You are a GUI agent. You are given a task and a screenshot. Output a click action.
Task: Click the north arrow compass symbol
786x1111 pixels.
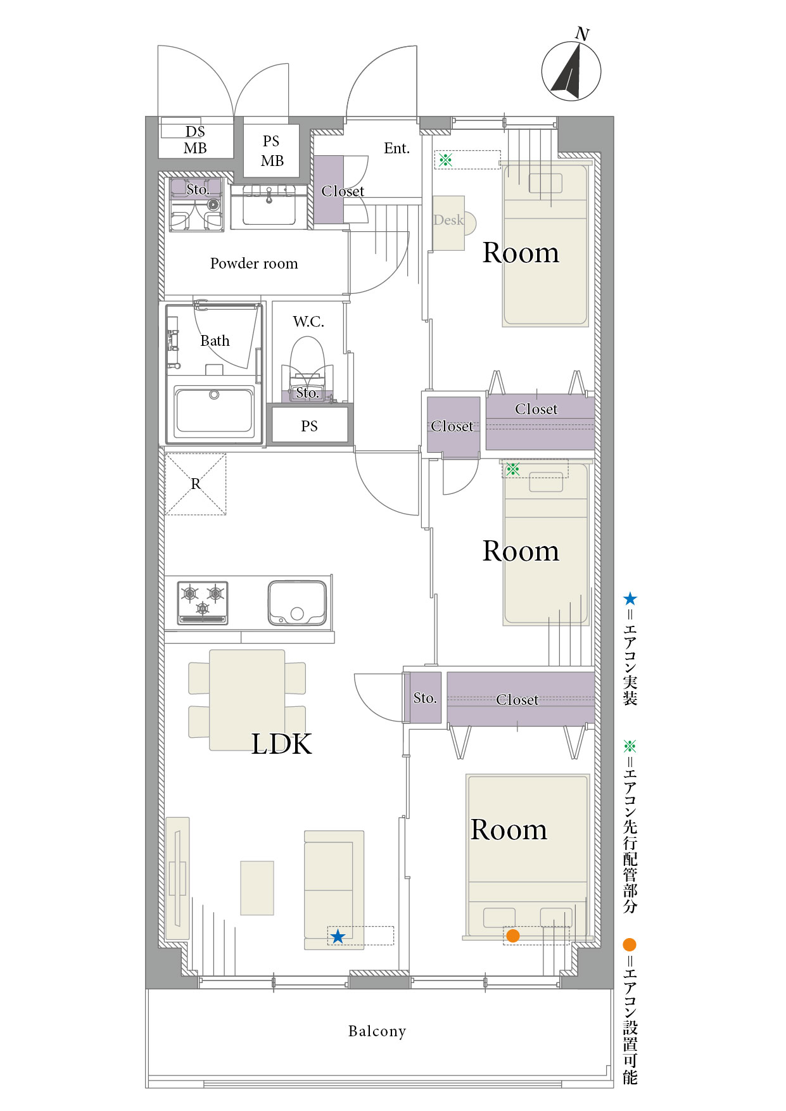(571, 70)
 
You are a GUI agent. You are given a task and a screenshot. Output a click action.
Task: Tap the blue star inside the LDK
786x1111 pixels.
(338, 936)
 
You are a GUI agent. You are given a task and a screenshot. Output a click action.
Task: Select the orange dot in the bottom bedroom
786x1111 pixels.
(513, 936)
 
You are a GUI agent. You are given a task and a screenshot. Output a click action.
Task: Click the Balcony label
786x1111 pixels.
(377, 1031)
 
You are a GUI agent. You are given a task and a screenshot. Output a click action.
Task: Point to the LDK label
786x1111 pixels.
(282, 744)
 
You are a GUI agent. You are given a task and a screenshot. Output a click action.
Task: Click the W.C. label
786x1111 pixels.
(308, 322)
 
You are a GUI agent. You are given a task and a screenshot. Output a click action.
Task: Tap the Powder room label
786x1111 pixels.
(254, 263)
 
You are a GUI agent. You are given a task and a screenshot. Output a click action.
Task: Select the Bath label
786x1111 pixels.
(215, 341)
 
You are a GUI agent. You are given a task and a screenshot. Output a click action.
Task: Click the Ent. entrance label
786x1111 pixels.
(397, 148)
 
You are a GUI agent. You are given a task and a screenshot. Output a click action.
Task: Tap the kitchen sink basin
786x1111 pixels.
(297, 602)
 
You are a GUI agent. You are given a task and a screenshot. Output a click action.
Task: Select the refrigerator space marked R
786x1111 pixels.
(196, 484)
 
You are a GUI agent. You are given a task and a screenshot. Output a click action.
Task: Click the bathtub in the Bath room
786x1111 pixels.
(214, 411)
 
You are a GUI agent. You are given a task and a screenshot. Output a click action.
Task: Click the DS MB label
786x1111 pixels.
(195, 140)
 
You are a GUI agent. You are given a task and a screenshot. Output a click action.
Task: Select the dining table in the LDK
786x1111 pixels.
(247, 700)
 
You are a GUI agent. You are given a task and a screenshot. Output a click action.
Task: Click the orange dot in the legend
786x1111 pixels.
(629, 944)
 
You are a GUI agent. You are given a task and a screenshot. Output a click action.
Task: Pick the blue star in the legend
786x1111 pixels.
(630, 599)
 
